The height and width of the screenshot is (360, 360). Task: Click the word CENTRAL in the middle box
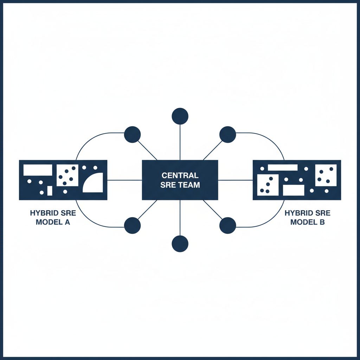(x=180, y=175)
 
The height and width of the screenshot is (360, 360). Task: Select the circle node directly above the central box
(x=180, y=116)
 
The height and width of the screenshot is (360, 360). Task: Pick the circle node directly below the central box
(x=180, y=244)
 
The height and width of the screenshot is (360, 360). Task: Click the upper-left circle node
(x=133, y=134)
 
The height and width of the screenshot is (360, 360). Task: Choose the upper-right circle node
(x=227, y=134)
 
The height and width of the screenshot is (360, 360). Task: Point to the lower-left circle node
(x=133, y=225)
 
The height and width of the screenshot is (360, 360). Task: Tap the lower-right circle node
(x=227, y=225)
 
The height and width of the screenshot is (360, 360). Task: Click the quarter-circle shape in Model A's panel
(x=94, y=184)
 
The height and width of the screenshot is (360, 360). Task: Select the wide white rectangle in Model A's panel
(x=38, y=170)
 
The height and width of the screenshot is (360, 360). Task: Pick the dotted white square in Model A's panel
(x=67, y=175)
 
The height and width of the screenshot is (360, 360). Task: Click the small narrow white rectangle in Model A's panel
(x=50, y=191)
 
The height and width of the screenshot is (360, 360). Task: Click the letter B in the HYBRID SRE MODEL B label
(x=322, y=222)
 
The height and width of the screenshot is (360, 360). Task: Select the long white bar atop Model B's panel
(x=283, y=167)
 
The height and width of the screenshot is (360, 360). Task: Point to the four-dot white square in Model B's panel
(x=326, y=175)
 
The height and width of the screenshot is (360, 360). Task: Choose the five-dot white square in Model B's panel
(x=268, y=185)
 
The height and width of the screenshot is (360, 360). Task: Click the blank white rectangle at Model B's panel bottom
(x=293, y=190)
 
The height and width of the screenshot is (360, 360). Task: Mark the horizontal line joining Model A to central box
(x=124, y=180)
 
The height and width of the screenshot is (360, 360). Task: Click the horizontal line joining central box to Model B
(x=235, y=180)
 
